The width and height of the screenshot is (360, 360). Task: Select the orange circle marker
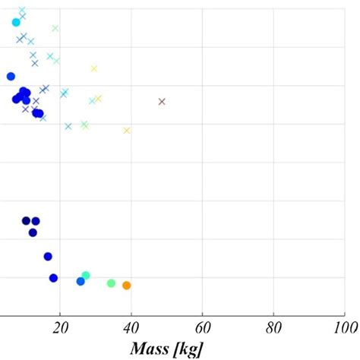(127, 286)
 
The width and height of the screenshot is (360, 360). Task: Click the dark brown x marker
(162, 101)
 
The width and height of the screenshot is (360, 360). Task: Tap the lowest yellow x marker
(127, 131)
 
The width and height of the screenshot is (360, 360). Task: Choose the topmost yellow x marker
(94, 68)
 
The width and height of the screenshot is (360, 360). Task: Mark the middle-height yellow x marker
(98, 98)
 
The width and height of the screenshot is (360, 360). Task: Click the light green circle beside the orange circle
(111, 283)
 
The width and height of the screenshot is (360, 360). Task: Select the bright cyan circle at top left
(16, 22)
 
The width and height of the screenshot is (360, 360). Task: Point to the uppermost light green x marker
(55, 28)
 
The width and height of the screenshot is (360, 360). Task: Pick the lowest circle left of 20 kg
(53, 278)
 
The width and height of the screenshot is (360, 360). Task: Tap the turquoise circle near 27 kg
(86, 276)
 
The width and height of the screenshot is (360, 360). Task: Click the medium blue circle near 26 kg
(81, 281)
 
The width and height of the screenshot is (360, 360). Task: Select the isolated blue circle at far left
(11, 76)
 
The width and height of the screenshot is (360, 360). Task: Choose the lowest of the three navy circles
(33, 232)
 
